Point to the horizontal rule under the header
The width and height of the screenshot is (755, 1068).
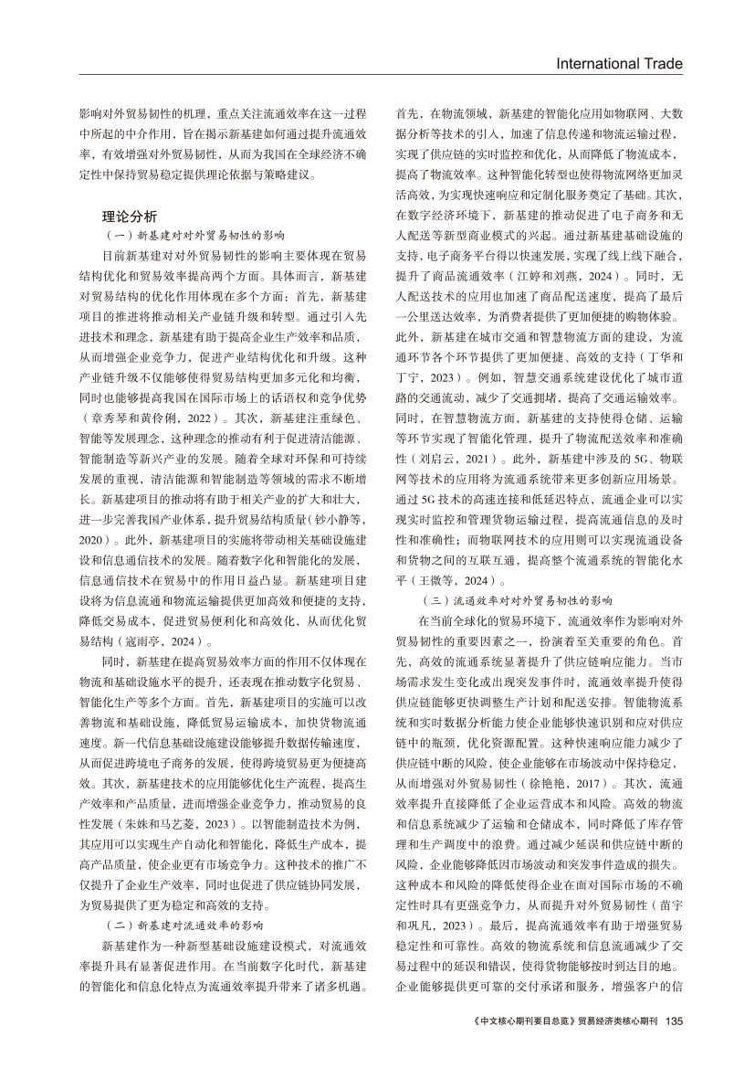pos(377,75)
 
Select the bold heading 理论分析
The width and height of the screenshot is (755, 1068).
pos(130,217)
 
